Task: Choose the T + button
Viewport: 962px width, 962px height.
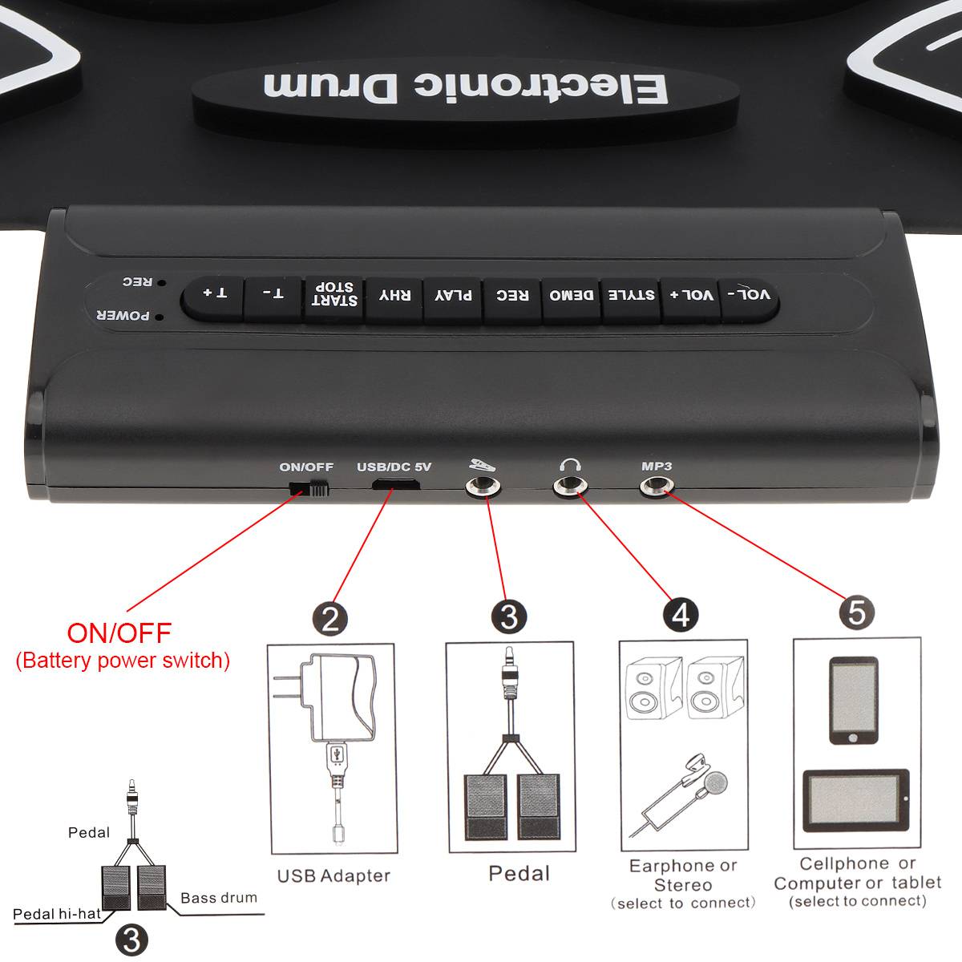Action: pyautogui.click(x=214, y=297)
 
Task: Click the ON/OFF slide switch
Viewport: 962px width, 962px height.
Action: pyautogui.click(x=309, y=487)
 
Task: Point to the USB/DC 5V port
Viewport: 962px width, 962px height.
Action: pyautogui.click(x=395, y=483)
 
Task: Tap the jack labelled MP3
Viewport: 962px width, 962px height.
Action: pyautogui.click(x=657, y=485)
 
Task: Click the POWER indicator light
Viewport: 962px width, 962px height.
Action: pyautogui.click(x=160, y=317)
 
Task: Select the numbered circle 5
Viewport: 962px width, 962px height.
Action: pyautogui.click(x=857, y=612)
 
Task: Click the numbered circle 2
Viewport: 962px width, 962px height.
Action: pyautogui.click(x=330, y=619)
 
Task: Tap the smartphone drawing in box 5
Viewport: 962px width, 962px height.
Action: pyautogui.click(x=854, y=701)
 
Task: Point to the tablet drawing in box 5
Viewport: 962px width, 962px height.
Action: pyautogui.click(x=855, y=800)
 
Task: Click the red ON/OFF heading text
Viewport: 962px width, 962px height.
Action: pyautogui.click(x=119, y=633)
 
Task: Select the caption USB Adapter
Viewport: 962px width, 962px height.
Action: pyautogui.click(x=333, y=875)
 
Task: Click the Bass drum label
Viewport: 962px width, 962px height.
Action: pyautogui.click(x=219, y=898)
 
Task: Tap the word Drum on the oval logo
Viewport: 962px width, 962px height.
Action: pyautogui.click(x=330, y=87)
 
